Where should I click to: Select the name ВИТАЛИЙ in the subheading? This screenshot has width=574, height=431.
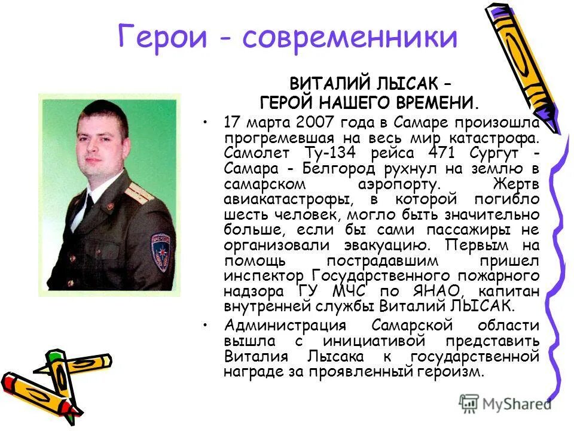pos(328,84)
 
